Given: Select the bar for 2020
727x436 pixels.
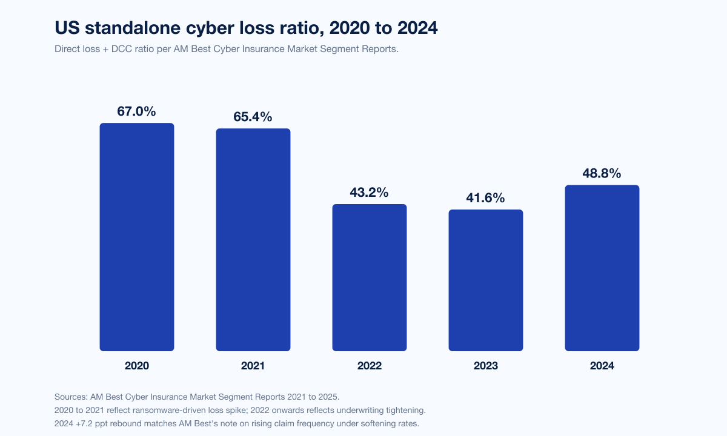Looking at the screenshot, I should point(137,237).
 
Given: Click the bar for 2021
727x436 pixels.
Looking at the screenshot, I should point(253,240).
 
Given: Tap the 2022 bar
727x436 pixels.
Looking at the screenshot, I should point(370,277).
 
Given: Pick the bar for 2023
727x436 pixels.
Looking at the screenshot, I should point(486,280).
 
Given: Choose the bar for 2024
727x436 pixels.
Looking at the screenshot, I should point(602,268).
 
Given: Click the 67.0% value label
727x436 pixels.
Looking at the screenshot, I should point(137,111).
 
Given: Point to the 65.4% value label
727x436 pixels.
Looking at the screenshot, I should point(253,117).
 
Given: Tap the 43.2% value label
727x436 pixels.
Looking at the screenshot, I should point(370,193).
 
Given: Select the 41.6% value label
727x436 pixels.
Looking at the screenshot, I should point(486,198).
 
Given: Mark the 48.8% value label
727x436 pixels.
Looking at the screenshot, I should point(602,173).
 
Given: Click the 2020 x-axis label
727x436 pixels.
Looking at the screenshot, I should point(137,366).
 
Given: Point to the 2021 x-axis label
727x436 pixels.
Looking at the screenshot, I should point(253,366).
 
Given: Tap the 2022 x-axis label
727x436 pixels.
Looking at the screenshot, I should point(370,366).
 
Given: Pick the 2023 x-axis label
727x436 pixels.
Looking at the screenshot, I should point(486,366).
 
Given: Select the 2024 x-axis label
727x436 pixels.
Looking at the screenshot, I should point(602,366).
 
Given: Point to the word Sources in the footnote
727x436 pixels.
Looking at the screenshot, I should point(70,397).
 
